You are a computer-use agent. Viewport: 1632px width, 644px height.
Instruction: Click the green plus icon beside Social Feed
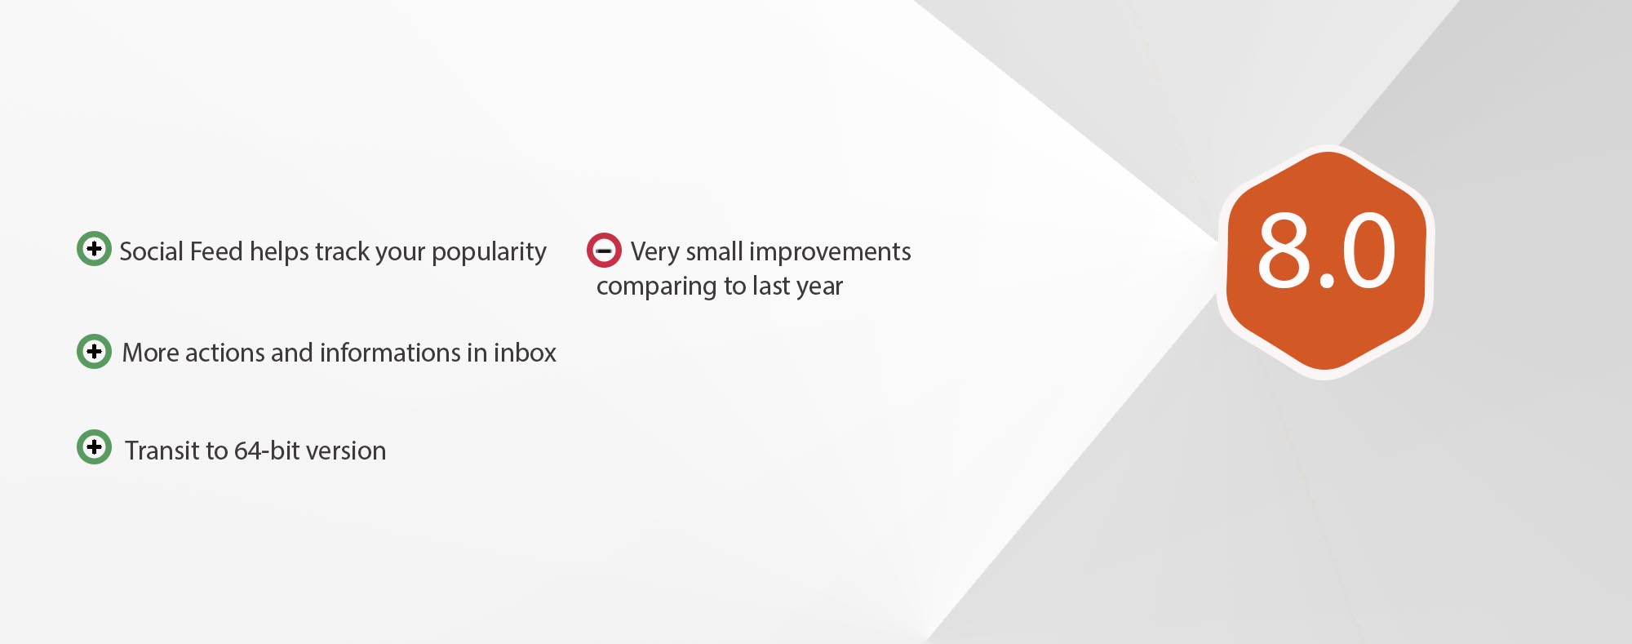tap(94, 248)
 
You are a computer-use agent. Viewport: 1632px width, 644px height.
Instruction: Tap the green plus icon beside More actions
tap(94, 351)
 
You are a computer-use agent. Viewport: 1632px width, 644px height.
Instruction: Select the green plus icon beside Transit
tap(94, 446)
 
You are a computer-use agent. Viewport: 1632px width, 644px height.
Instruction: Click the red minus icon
tap(604, 251)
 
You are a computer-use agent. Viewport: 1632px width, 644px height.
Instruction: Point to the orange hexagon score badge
tap(1326, 261)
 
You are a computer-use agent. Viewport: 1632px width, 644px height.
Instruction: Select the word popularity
tap(489, 253)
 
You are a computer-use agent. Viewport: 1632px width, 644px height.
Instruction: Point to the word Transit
tap(161, 451)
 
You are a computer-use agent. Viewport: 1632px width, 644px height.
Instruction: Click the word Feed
tap(216, 251)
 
